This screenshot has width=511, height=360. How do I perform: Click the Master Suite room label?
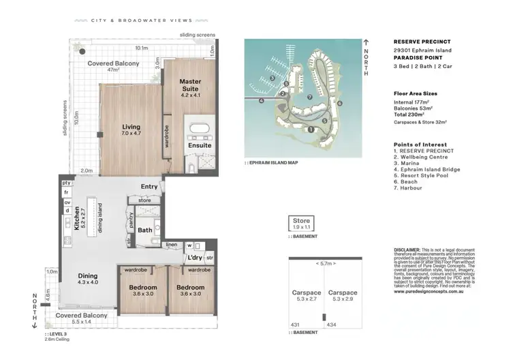click(x=190, y=86)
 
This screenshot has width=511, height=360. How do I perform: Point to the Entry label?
click(x=149, y=187)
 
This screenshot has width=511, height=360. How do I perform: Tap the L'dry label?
click(x=195, y=258)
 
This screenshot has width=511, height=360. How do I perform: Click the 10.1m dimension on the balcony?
click(x=141, y=48)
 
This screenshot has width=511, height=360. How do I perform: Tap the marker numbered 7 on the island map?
click(x=310, y=97)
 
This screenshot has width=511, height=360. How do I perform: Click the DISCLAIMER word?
click(x=408, y=250)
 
